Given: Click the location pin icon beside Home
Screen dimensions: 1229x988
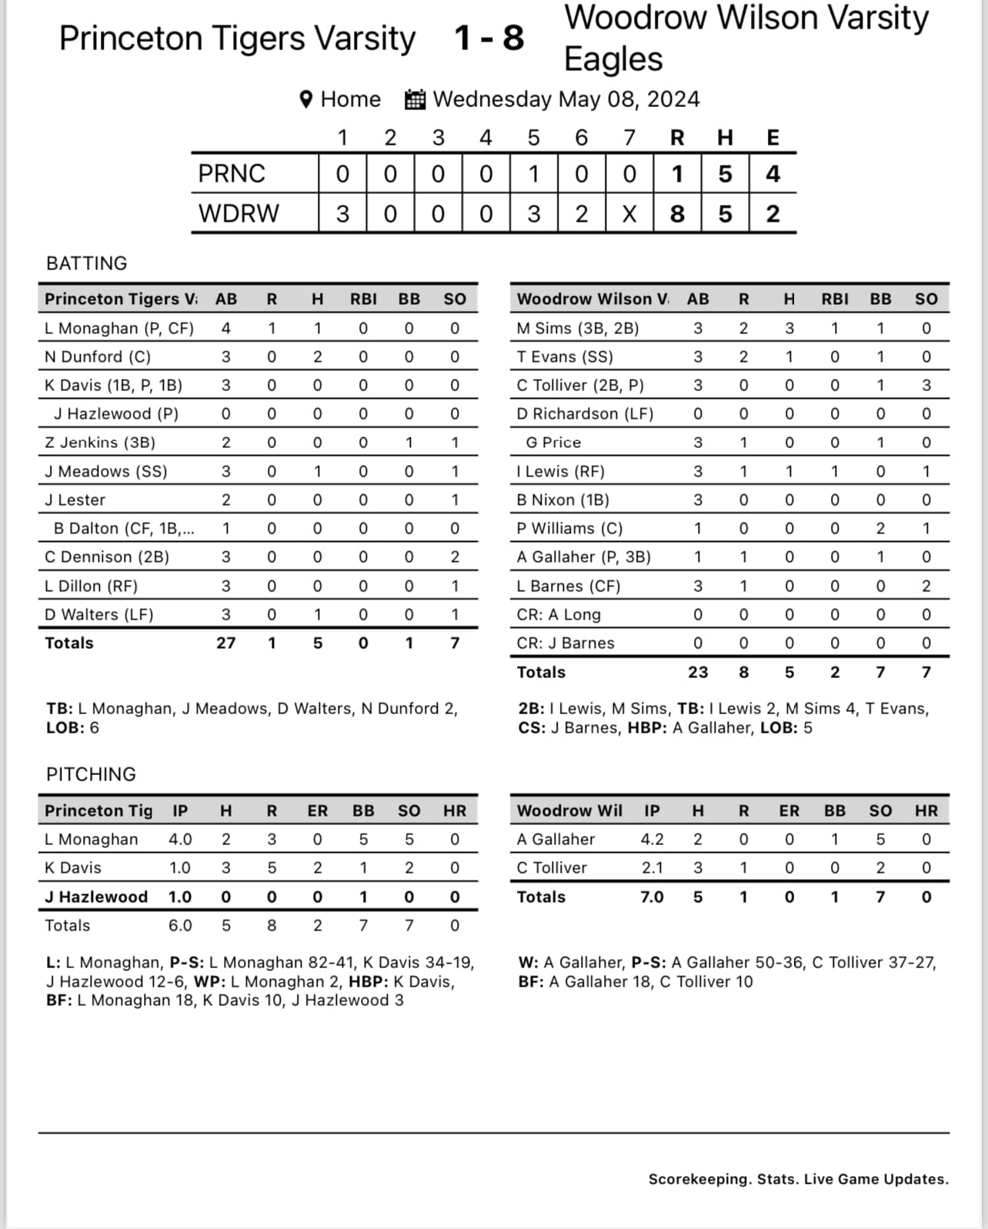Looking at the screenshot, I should point(306,99).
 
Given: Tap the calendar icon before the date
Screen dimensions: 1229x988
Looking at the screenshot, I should point(415,99).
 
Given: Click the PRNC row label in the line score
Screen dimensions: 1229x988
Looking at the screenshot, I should point(232,174).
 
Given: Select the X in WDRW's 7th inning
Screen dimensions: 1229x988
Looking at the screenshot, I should point(629,213).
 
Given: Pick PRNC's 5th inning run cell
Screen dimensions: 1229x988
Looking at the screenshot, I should point(533,174).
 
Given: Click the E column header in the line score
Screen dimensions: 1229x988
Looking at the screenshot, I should point(773,138).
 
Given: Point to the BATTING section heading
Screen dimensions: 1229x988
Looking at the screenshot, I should point(87,263).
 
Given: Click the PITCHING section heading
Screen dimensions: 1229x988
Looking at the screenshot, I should point(91,774).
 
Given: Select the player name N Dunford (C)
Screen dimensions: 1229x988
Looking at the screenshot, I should point(98,357).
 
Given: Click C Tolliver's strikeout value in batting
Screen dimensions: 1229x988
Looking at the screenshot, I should point(926,386).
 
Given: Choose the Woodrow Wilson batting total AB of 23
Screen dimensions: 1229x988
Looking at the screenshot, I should point(697,672).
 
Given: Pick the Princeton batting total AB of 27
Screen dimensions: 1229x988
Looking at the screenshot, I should point(225,643).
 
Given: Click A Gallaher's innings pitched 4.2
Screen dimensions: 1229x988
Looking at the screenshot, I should point(652,840).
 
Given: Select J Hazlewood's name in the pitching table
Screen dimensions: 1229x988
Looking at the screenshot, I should point(96,897).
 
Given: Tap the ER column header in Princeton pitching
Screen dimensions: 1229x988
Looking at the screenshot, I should point(317,810).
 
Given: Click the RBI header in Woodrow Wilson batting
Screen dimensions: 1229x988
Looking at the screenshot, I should point(834,299).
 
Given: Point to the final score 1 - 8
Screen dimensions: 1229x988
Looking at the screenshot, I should point(489,38).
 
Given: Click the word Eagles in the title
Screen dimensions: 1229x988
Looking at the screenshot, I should point(613,59).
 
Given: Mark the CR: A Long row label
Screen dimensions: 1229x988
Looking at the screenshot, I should point(559,615).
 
